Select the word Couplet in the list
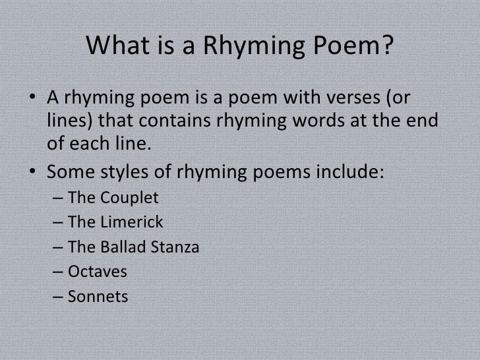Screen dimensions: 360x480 (x=121, y=198)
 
